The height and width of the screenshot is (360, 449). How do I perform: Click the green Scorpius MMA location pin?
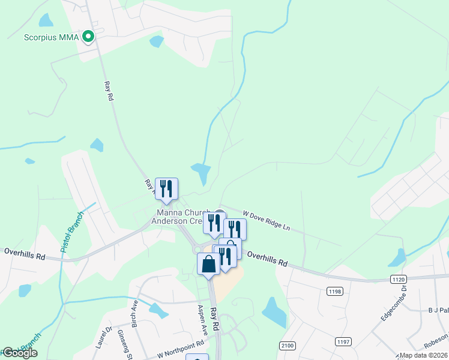coord(88,37)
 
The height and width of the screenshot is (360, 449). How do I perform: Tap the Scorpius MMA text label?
coord(52,37)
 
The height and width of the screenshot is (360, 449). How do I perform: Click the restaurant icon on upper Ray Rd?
coord(166,188)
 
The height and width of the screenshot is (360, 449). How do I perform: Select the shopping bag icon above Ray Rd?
coord(208,264)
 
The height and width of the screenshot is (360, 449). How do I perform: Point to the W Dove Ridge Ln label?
coord(266,220)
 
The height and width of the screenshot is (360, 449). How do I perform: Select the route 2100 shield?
coord(288,345)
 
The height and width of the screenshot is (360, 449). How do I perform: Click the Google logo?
coord(19,353)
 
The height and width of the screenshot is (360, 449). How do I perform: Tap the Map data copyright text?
coord(424,355)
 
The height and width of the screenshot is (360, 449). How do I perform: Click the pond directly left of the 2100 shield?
coord(274,312)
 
